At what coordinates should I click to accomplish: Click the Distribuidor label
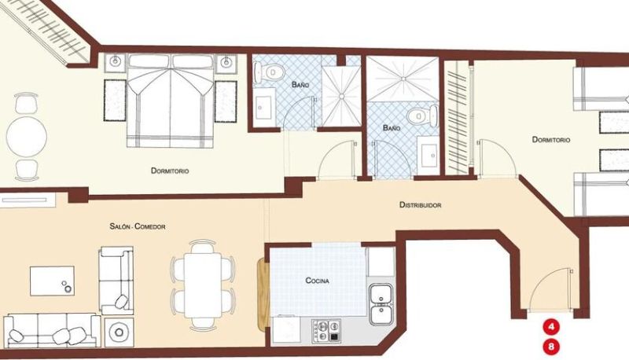pyautogui.click(x=420, y=205)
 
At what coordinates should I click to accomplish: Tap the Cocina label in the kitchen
pyautogui.click(x=318, y=281)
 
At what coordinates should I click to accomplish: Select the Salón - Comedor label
pyautogui.click(x=138, y=226)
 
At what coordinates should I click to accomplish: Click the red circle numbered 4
pyautogui.click(x=551, y=327)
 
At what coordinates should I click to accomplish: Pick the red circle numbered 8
pyautogui.click(x=551, y=346)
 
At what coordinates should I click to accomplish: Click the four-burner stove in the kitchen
pyautogui.click(x=326, y=331)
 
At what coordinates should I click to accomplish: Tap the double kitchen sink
pyautogui.click(x=381, y=304)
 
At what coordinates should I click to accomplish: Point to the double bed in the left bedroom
pyautogui.click(x=170, y=101)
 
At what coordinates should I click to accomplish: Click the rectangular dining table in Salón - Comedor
pyautogui.click(x=203, y=285)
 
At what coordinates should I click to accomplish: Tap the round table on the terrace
pyautogui.click(x=27, y=137)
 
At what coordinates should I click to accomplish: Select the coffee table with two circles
pyautogui.click(x=52, y=281)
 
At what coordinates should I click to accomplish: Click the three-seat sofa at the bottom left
pyautogui.click(x=52, y=330)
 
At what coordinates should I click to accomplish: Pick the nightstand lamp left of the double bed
pyautogui.click(x=116, y=61)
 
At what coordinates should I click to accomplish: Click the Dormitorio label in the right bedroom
pyautogui.click(x=551, y=140)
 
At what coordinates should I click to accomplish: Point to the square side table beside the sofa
pyautogui.click(x=119, y=332)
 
